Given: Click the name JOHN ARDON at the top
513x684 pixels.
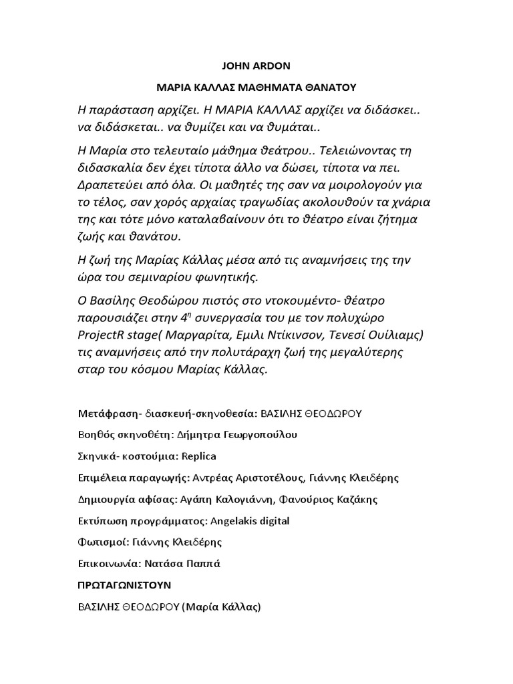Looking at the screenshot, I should coord(256,66).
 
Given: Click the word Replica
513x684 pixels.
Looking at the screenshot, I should coord(197,456).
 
